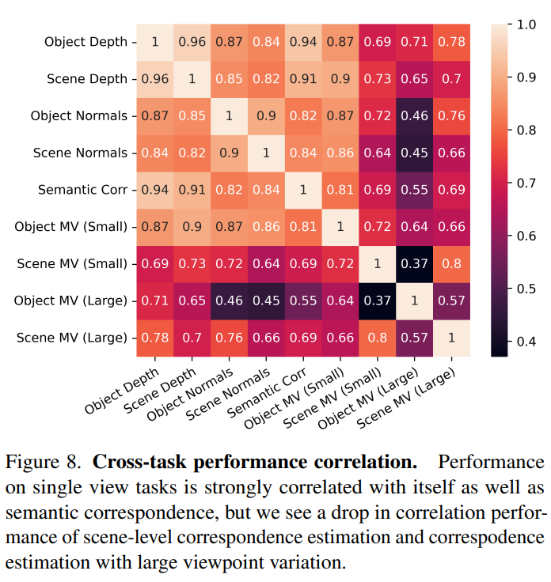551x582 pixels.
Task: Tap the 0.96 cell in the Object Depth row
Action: (x=191, y=42)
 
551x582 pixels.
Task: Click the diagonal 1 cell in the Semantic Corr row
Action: (x=304, y=190)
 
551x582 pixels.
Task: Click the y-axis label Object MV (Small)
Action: (x=70, y=227)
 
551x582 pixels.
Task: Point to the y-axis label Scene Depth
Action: (x=86, y=79)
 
